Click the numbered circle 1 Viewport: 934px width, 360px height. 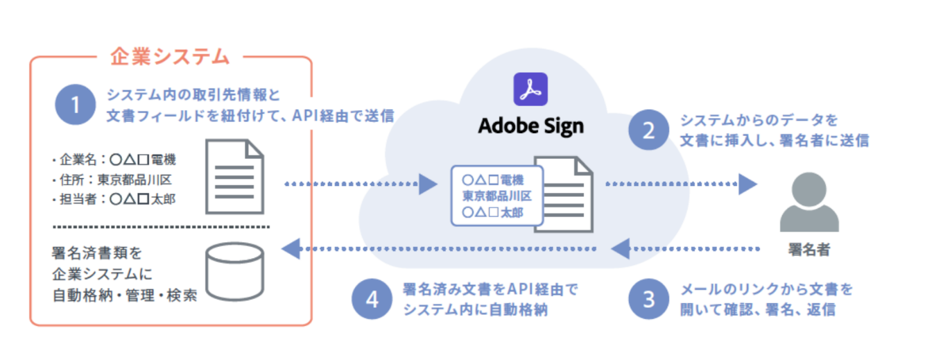(75, 105)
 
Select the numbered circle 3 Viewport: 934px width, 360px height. (648, 299)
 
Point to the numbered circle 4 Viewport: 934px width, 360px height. (372, 299)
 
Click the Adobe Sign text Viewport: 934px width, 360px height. (530, 126)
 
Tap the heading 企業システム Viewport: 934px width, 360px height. (170, 57)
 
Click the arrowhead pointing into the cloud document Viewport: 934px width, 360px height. (429, 184)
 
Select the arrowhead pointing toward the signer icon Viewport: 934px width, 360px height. (747, 184)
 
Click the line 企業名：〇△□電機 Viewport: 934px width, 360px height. (114, 160)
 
